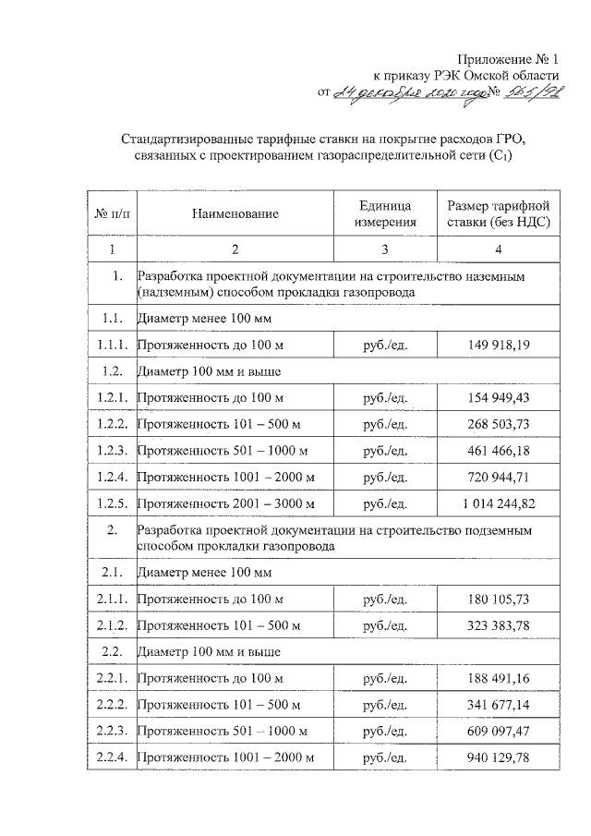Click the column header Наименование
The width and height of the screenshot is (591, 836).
(235, 214)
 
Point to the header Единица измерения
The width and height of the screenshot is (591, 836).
(384, 213)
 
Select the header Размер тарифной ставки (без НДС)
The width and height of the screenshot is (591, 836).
(498, 213)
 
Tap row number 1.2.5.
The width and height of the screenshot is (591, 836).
(112, 503)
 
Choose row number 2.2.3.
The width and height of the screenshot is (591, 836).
(112, 732)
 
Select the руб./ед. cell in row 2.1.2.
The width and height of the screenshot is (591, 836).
(385, 625)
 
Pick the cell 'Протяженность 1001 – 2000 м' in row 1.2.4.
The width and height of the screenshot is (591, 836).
(225, 478)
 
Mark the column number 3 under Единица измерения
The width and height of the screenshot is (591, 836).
(384, 249)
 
